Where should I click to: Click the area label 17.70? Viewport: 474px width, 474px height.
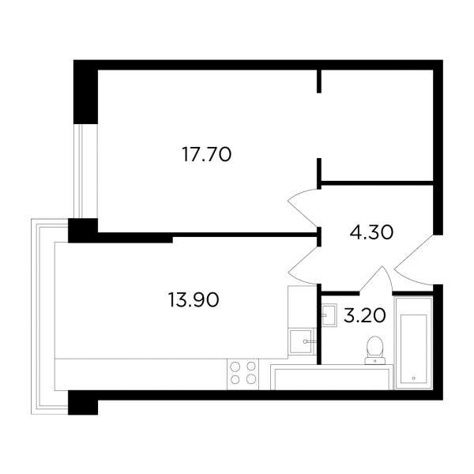(x=207, y=154)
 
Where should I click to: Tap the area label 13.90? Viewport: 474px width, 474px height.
(x=194, y=300)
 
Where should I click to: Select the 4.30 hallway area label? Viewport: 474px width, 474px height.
(x=371, y=232)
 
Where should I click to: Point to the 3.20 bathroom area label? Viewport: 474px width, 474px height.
(x=365, y=315)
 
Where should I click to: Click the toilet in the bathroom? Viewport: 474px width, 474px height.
(x=374, y=351)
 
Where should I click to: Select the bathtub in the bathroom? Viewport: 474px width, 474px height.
(x=413, y=344)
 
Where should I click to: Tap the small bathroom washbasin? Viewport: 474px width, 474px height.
(x=329, y=315)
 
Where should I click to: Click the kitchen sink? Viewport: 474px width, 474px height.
(x=301, y=341)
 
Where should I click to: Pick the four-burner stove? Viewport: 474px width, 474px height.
(x=243, y=374)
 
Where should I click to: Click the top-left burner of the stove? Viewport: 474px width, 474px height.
(x=235, y=367)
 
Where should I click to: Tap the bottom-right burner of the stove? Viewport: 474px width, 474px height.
(x=251, y=378)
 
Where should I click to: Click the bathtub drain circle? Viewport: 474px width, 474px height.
(x=413, y=378)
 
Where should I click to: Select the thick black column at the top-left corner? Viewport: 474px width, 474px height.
(x=86, y=92)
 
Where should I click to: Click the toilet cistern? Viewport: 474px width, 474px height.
(x=374, y=361)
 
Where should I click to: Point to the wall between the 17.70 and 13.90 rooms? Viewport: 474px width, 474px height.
(x=209, y=235)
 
